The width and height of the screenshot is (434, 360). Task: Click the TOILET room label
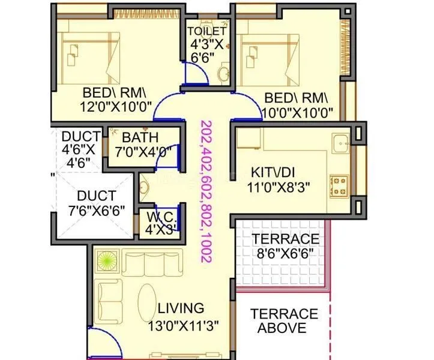(207, 31)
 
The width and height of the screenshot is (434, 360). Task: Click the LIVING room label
(181, 308)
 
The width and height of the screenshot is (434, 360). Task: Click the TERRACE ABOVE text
(284, 321)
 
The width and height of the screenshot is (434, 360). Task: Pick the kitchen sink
(342, 144)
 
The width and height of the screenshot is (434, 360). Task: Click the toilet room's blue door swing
(197, 73)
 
